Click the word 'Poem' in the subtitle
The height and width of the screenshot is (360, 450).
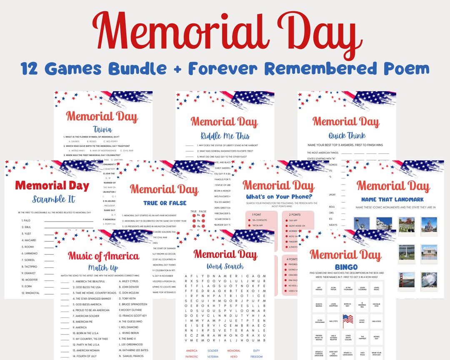click(x=409, y=68)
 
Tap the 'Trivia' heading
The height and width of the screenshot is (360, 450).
click(x=102, y=129)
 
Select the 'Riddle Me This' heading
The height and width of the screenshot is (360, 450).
click(x=225, y=135)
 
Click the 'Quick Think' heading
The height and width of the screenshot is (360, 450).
click(x=347, y=135)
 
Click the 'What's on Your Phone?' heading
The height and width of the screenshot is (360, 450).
click(x=278, y=197)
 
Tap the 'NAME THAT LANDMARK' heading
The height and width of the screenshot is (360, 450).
click(x=392, y=200)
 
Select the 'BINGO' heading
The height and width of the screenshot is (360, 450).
click(x=346, y=267)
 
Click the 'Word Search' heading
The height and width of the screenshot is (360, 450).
click(x=225, y=266)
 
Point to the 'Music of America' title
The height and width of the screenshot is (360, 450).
click(x=103, y=256)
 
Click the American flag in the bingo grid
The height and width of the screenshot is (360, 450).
click(x=347, y=321)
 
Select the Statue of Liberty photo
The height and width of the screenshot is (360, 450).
click(x=361, y=224)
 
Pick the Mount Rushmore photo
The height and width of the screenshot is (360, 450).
click(x=384, y=224)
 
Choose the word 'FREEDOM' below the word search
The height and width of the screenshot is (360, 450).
click(x=257, y=357)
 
